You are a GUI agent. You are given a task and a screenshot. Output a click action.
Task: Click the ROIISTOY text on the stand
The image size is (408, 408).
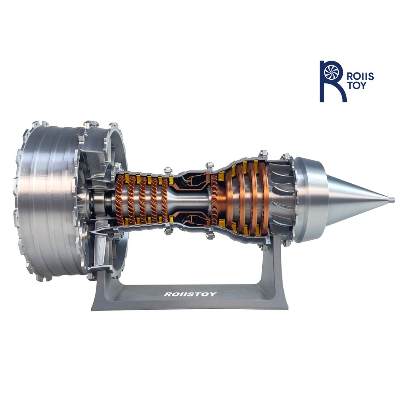(x=190, y=294)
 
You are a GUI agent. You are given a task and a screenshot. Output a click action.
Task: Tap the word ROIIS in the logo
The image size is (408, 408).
(x=361, y=76)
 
